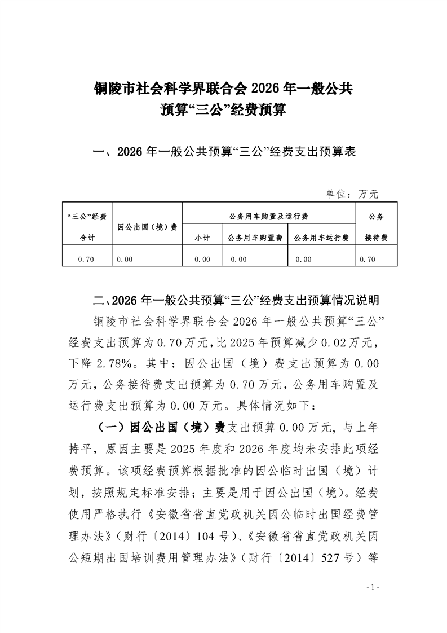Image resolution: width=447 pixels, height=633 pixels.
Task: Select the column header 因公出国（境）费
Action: point(147,227)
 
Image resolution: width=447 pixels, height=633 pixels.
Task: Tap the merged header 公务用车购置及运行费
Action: point(268,216)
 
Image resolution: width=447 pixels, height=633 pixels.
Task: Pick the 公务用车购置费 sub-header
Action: point(255,238)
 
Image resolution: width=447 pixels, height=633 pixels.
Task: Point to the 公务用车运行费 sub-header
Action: point(321,238)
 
